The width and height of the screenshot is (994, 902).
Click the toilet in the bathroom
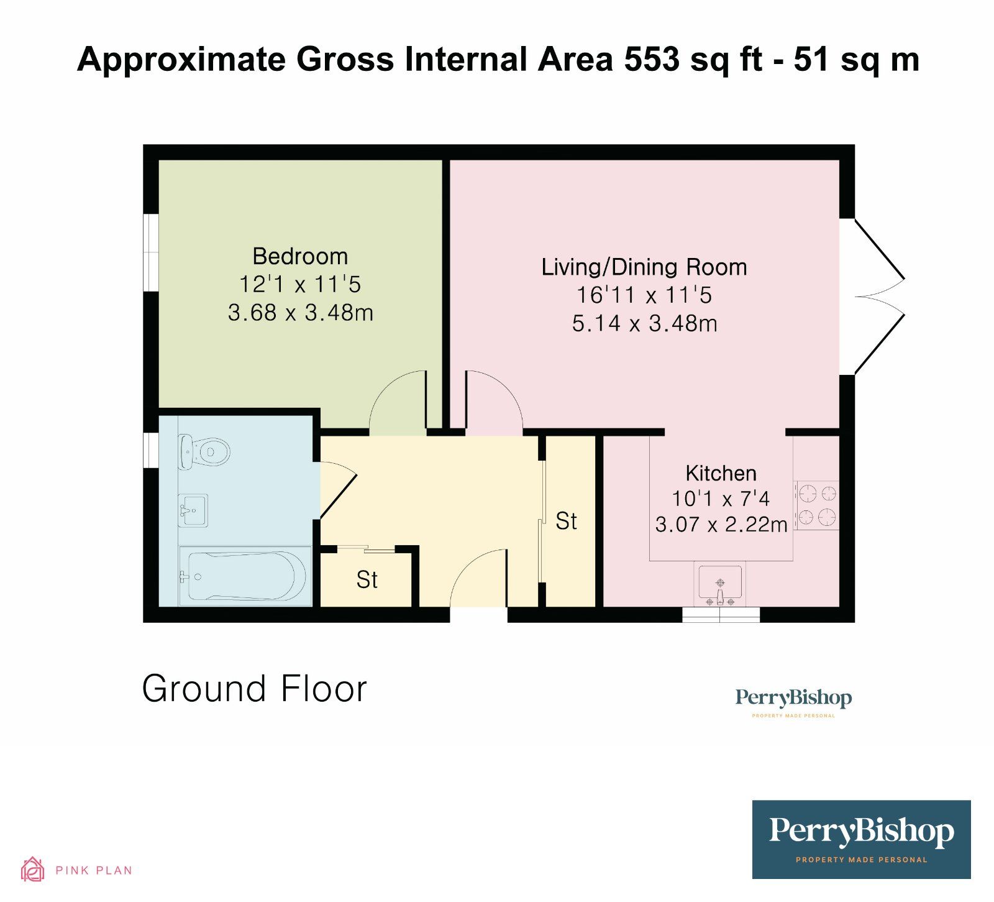click(204, 451)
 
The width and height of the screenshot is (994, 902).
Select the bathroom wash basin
click(193, 510)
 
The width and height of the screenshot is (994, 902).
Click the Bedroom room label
click(300, 256)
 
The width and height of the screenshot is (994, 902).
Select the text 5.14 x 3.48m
click(644, 323)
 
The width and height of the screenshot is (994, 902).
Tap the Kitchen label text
click(721, 473)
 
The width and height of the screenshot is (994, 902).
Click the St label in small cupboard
click(367, 579)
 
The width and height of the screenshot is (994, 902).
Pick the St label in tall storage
click(566, 521)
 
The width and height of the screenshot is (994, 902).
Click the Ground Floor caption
click(255, 689)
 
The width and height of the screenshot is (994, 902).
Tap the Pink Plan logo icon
click(32, 870)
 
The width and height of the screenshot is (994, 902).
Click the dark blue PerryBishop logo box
click(861, 839)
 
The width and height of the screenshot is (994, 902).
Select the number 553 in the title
click(652, 60)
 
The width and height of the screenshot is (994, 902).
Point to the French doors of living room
click(878, 297)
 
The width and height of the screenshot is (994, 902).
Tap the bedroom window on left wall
click(150, 252)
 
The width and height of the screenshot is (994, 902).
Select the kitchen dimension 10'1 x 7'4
click(721, 499)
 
